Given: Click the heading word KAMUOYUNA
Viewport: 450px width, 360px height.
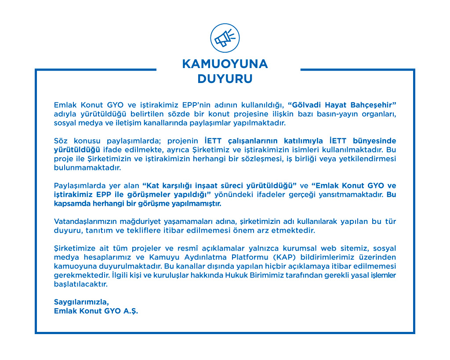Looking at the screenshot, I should [225, 64].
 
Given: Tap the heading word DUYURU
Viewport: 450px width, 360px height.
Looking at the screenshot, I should [225, 79].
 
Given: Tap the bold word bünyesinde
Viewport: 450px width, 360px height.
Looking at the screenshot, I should [375, 141].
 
